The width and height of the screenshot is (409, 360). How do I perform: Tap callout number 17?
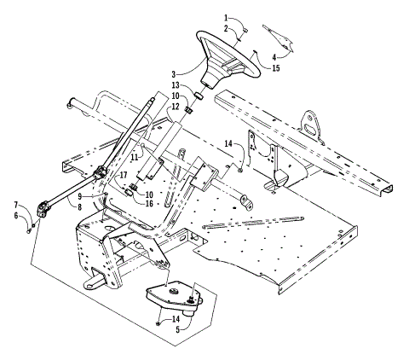click(x=123, y=175)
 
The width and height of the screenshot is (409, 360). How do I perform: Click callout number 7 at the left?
click(x=15, y=205)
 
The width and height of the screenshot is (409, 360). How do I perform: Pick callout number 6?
click(x=15, y=215)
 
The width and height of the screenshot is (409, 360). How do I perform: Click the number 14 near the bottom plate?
click(x=175, y=318)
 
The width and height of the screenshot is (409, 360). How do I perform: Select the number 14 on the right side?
click(x=228, y=142)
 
